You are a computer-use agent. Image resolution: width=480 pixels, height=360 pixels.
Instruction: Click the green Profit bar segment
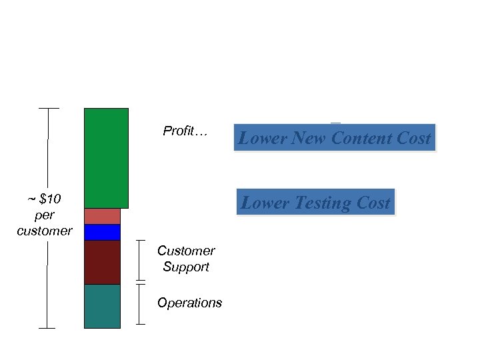(x=106, y=158)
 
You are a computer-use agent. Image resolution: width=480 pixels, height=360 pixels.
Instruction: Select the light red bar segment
(x=102, y=216)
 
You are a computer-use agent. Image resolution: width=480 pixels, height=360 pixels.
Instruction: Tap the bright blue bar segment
(x=102, y=232)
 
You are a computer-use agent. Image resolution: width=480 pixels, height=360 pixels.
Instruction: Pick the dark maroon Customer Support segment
(x=102, y=262)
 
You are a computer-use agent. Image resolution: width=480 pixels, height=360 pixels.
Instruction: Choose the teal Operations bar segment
(x=102, y=306)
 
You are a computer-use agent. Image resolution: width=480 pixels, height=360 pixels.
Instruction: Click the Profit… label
(x=185, y=131)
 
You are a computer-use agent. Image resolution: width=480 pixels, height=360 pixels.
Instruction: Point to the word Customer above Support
(x=186, y=251)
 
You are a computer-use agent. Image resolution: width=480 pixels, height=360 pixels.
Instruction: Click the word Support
(x=186, y=267)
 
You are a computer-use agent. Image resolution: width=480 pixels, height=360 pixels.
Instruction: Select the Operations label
(x=189, y=303)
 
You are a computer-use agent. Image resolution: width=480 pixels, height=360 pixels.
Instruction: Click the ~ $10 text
(x=45, y=199)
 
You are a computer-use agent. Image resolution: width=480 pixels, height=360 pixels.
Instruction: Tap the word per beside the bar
(x=45, y=215)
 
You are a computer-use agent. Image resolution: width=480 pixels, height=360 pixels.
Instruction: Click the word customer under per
(x=45, y=231)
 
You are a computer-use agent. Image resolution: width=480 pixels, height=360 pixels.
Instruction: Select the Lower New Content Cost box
(x=334, y=138)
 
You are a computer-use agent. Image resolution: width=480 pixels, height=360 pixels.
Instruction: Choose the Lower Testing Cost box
(x=315, y=203)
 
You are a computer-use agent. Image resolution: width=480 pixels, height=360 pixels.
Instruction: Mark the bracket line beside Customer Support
(x=140, y=260)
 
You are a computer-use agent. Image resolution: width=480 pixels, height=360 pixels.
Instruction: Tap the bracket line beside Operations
(x=140, y=304)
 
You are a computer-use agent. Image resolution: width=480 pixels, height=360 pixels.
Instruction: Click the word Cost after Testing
(x=373, y=203)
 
